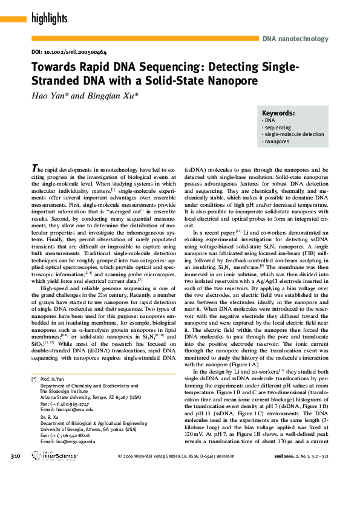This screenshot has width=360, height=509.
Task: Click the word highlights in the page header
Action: (x=49, y=19)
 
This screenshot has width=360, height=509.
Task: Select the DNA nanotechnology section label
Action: (x=296, y=39)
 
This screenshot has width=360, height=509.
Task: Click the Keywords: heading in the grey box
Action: (x=278, y=113)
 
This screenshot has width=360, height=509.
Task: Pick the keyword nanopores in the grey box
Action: (x=277, y=141)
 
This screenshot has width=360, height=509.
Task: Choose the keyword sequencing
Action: (x=278, y=128)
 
